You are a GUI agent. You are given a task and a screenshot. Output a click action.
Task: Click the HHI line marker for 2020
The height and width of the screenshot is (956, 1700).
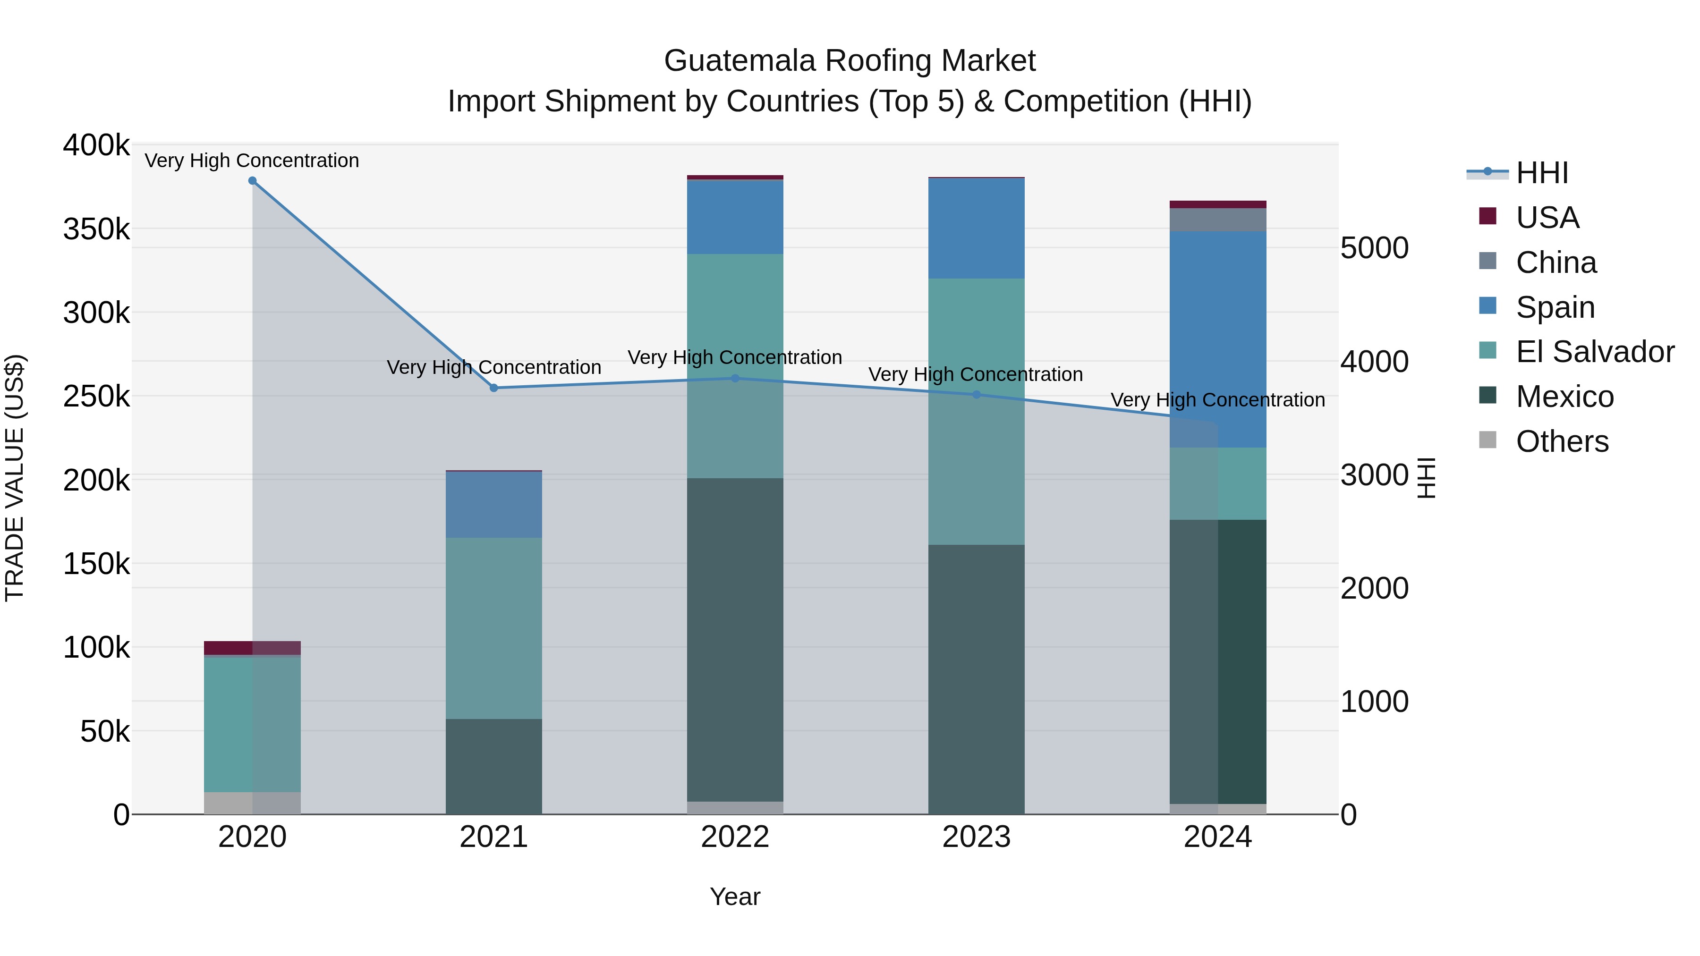coord(252,181)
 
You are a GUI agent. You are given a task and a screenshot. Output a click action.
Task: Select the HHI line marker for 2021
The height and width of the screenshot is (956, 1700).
coord(493,388)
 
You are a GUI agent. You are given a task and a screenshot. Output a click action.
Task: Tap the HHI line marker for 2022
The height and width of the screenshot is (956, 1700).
coord(735,378)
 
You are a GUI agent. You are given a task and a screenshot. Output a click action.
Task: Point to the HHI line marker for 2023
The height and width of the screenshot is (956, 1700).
coord(977,395)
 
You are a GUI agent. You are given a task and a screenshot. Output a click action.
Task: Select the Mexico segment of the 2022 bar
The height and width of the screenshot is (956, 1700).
coord(735,640)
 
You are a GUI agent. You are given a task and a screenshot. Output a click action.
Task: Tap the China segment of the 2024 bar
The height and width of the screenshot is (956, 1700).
coord(1217,220)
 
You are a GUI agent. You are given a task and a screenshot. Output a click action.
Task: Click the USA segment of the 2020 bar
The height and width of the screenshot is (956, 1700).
coord(252,647)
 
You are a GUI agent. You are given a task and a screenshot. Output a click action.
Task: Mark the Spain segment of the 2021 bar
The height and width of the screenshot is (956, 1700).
coord(493,505)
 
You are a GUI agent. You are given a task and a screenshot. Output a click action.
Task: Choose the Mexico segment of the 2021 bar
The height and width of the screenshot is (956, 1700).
coord(493,766)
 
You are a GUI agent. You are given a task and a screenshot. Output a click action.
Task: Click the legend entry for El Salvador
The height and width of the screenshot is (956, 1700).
coord(1594,352)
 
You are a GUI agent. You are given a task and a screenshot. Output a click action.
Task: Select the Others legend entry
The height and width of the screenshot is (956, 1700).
coord(1562,441)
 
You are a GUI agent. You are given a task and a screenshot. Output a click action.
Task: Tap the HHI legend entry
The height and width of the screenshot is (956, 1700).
coord(1542,173)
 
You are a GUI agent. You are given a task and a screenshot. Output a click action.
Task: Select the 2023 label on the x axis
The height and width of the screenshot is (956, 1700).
coord(977,837)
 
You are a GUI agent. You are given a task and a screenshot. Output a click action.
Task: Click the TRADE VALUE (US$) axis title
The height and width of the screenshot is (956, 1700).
coord(15,478)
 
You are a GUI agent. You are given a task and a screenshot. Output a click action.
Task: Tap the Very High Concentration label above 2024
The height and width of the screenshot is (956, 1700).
coord(1217,400)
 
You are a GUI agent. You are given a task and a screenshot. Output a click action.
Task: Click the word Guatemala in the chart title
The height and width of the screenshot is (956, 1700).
coord(740,61)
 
